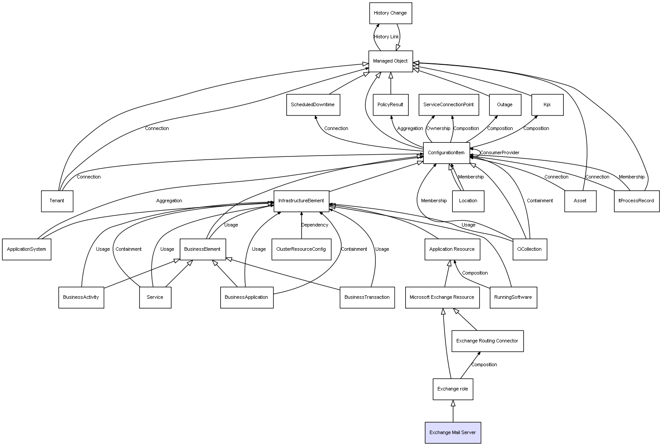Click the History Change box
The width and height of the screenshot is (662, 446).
(x=390, y=13)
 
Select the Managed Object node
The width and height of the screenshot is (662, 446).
(x=390, y=61)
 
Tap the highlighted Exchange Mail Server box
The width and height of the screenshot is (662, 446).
(x=453, y=433)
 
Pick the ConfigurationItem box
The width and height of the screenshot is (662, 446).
(x=446, y=153)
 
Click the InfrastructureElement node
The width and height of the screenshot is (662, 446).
(x=301, y=201)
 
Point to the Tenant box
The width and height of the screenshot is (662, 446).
(x=57, y=201)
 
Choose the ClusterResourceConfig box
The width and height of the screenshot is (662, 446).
(x=301, y=249)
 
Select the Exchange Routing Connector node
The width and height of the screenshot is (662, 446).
(x=487, y=341)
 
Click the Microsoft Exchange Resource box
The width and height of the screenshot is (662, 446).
(x=442, y=297)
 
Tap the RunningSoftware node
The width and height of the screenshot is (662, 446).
(x=513, y=297)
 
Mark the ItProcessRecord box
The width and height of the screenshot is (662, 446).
(x=636, y=201)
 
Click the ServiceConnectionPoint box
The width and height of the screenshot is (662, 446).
(x=449, y=105)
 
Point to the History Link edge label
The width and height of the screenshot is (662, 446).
(x=386, y=37)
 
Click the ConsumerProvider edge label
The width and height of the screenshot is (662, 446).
(x=500, y=152)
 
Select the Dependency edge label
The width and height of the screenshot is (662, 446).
(x=315, y=225)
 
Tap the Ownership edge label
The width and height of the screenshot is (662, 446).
(x=438, y=128)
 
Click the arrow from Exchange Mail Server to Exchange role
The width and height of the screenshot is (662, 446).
(x=453, y=411)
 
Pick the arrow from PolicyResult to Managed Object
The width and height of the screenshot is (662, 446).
(x=391, y=83)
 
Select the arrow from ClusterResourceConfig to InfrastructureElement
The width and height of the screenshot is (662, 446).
(x=301, y=225)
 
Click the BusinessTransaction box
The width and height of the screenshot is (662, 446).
(x=367, y=297)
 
